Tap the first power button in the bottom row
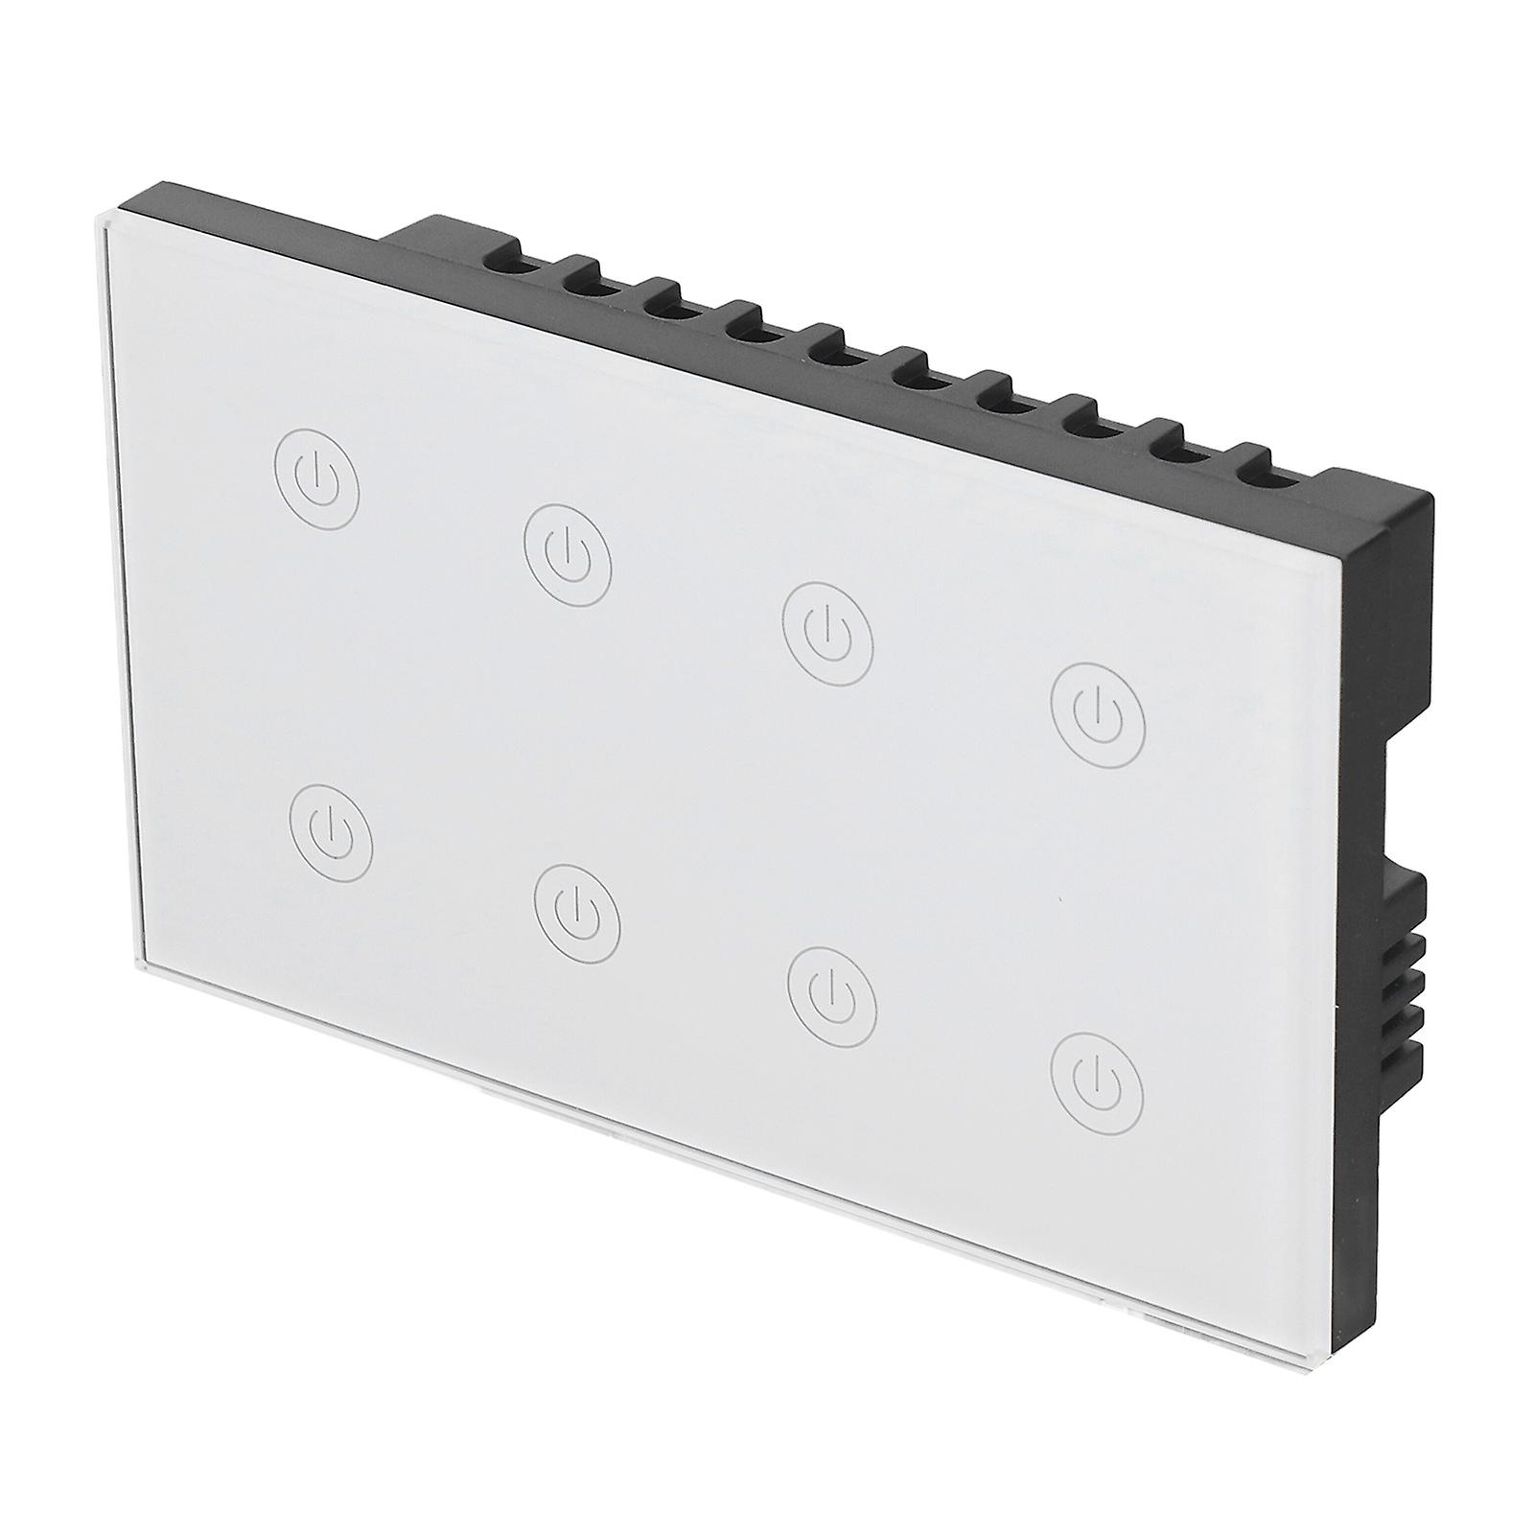coord(331,831)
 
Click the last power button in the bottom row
coord(1097,1077)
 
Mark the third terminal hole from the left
coord(662,306)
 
